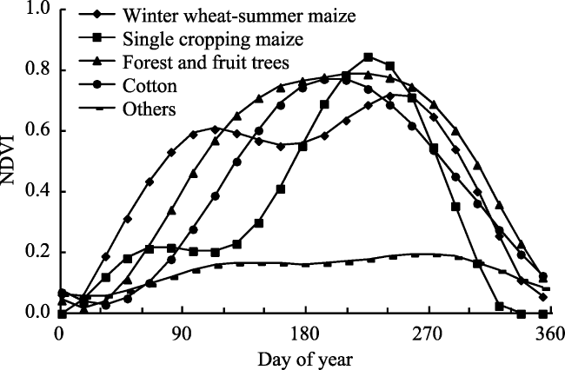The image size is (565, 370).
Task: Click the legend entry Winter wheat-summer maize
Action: click(x=239, y=15)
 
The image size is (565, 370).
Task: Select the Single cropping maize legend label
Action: click(x=213, y=39)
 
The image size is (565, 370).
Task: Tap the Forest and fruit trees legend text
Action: click(x=206, y=63)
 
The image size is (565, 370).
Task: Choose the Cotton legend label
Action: click(x=150, y=86)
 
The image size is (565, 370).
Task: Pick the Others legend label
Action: click(x=150, y=109)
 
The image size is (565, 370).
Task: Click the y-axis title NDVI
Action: click(x=7, y=160)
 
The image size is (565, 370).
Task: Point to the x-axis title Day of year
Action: click(x=305, y=360)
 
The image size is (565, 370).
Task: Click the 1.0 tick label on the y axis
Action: click(x=38, y=9)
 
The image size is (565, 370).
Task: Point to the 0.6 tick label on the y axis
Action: click(x=38, y=130)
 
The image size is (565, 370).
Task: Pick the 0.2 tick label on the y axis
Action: click(x=38, y=252)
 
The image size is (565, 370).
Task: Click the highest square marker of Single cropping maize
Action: click(x=368, y=57)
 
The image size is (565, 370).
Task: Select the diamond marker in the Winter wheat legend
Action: click(x=98, y=15)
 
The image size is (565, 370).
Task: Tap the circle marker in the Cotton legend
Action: click(x=98, y=85)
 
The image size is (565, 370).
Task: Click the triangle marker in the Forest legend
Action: click(x=98, y=62)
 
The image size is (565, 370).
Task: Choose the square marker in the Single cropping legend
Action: click(x=98, y=38)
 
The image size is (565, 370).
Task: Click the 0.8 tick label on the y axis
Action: click(x=38, y=69)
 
